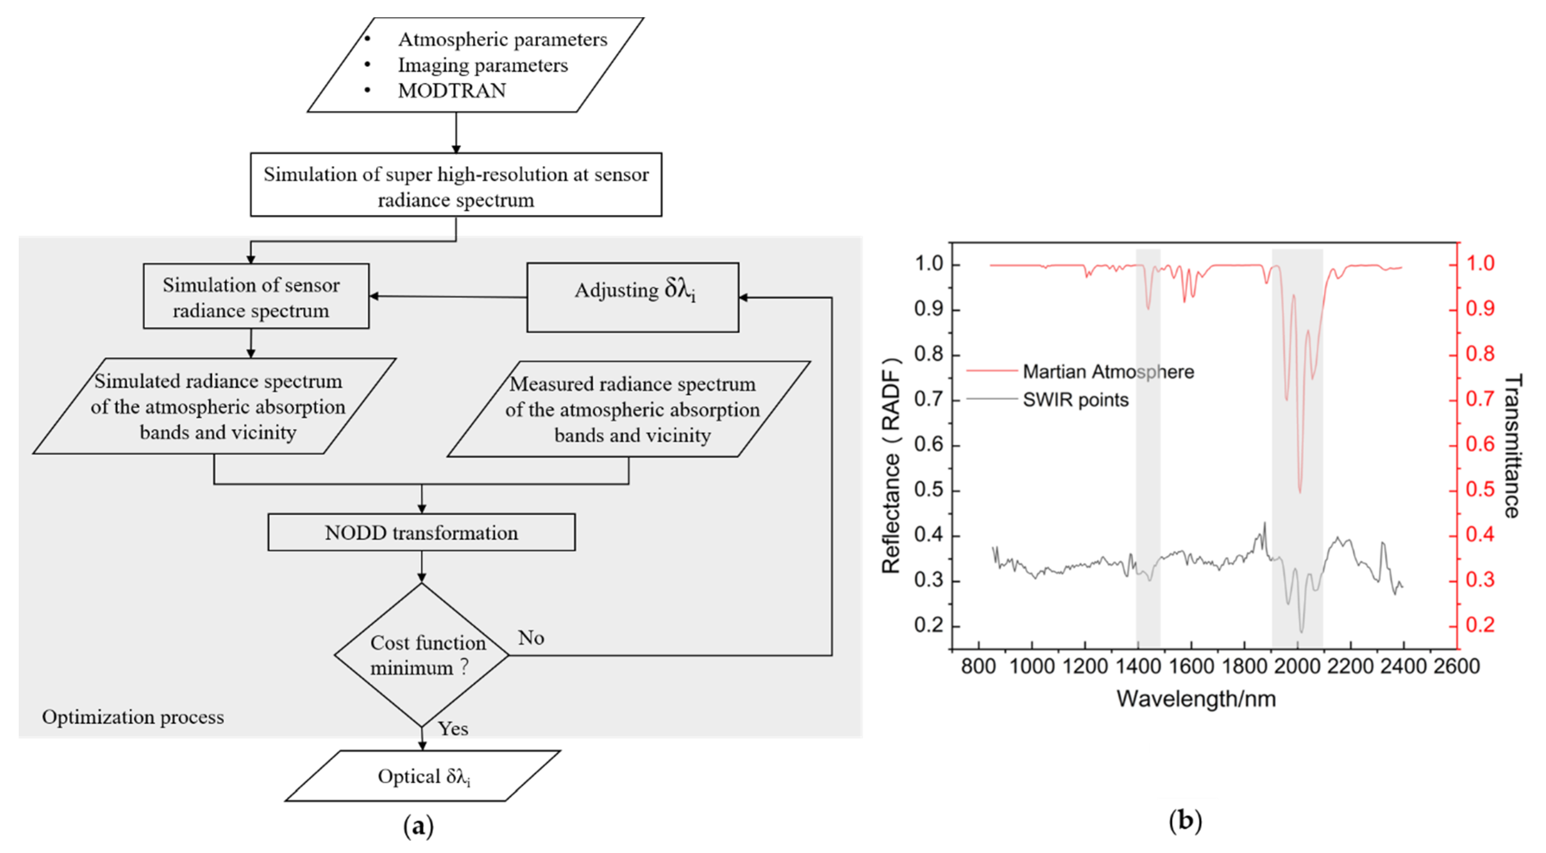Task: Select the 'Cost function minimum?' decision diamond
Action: point(421,655)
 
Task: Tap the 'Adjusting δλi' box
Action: point(633,297)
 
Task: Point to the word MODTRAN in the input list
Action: point(452,90)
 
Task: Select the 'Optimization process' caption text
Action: point(132,717)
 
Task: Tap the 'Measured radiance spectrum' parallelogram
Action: point(630,409)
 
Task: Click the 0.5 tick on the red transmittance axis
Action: point(1480,490)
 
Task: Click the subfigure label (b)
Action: point(1185,820)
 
